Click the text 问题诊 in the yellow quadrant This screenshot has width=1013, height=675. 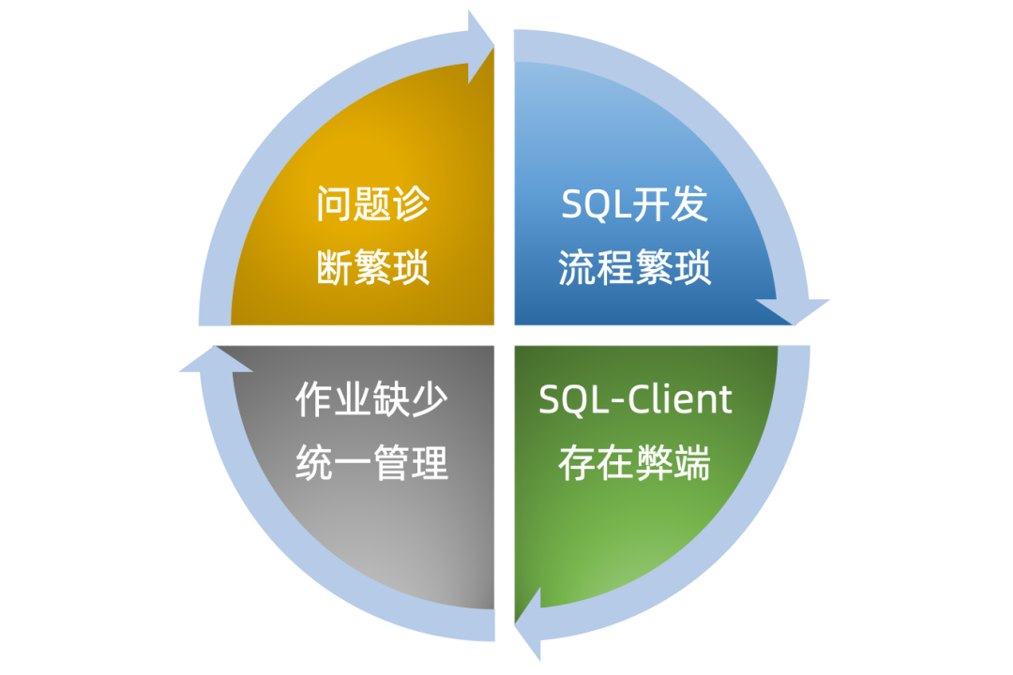click(x=372, y=204)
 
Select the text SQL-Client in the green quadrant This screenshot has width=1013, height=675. click(x=635, y=400)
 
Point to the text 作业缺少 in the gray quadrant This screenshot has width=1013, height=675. click(x=372, y=400)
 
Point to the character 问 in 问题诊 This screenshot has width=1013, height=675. click(x=334, y=204)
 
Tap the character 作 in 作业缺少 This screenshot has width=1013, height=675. click(x=314, y=400)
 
